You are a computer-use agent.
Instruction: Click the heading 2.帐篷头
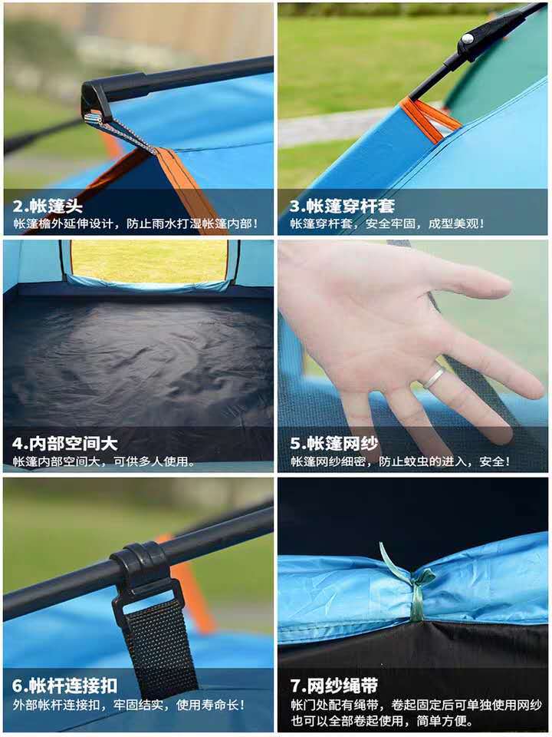pos(48,206)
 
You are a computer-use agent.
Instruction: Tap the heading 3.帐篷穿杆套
pos(342,206)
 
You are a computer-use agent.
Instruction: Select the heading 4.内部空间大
pos(65,443)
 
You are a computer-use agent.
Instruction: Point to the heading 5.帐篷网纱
pos(333,443)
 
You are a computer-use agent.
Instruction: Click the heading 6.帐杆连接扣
pos(65,685)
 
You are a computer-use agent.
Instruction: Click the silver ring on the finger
pos(434,377)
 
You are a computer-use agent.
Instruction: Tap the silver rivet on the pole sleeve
pos(466,38)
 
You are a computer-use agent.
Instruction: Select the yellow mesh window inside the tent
pos(149,260)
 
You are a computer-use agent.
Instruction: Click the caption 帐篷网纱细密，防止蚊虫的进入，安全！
pos(399,462)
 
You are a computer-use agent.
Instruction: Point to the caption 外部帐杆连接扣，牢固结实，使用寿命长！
pos(127,704)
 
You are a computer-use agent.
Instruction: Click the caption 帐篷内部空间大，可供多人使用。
pos(103,462)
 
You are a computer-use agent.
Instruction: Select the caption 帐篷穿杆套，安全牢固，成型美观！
pos(387,224)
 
